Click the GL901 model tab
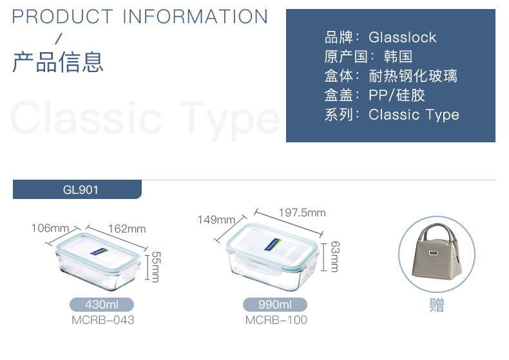coord(77,189)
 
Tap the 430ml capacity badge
coord(102,305)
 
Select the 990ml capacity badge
coord(275,305)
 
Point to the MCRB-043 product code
coord(103,320)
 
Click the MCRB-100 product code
coord(276,320)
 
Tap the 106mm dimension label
coord(50,228)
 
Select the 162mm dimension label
coord(127,229)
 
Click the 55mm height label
coord(156,267)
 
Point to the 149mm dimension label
coord(216,220)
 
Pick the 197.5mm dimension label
coord(302,213)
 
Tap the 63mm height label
coord(335,256)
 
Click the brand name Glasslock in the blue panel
coord(403,37)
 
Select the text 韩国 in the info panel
coord(398,57)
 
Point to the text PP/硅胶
coord(397,95)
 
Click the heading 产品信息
coord(58,62)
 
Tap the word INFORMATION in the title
coord(195,17)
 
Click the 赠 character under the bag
coord(437,305)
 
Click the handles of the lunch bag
coord(437,232)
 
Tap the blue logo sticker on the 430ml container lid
coord(99,252)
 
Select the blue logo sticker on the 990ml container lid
coord(273,245)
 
